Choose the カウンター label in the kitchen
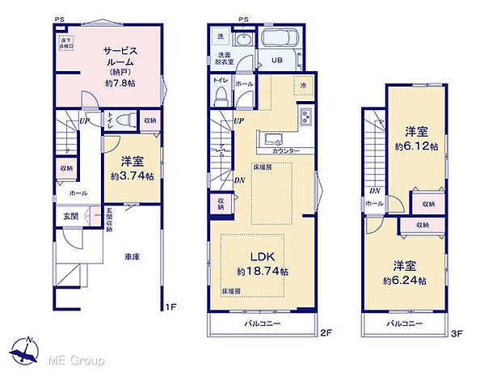point(286,151)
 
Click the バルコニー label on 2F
point(263,323)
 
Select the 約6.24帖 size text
point(410,280)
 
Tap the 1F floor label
point(170,306)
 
